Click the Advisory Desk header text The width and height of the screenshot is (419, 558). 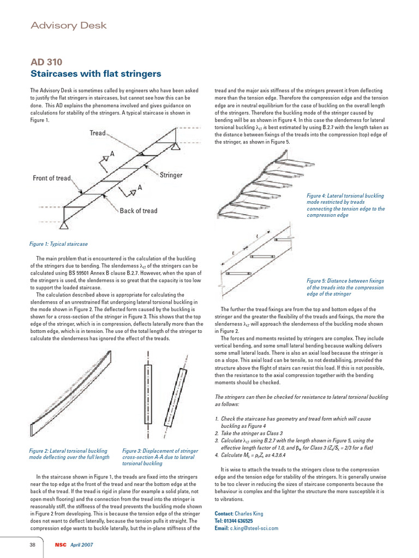pyautogui.click(x=68, y=26)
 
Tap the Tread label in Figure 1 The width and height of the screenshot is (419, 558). pyautogui.click(x=98, y=133)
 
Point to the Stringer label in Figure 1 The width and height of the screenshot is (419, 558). pyautogui.click(x=171, y=175)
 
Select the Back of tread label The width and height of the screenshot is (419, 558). pyautogui.click(x=139, y=211)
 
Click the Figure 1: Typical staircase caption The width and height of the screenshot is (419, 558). pyautogui.click(x=59, y=244)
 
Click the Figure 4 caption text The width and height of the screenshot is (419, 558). pyautogui.click(x=345, y=205)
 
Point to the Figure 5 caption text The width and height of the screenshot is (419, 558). pyautogui.click(x=345, y=287)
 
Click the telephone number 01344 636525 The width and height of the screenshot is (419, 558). pyautogui.click(x=244, y=520)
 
